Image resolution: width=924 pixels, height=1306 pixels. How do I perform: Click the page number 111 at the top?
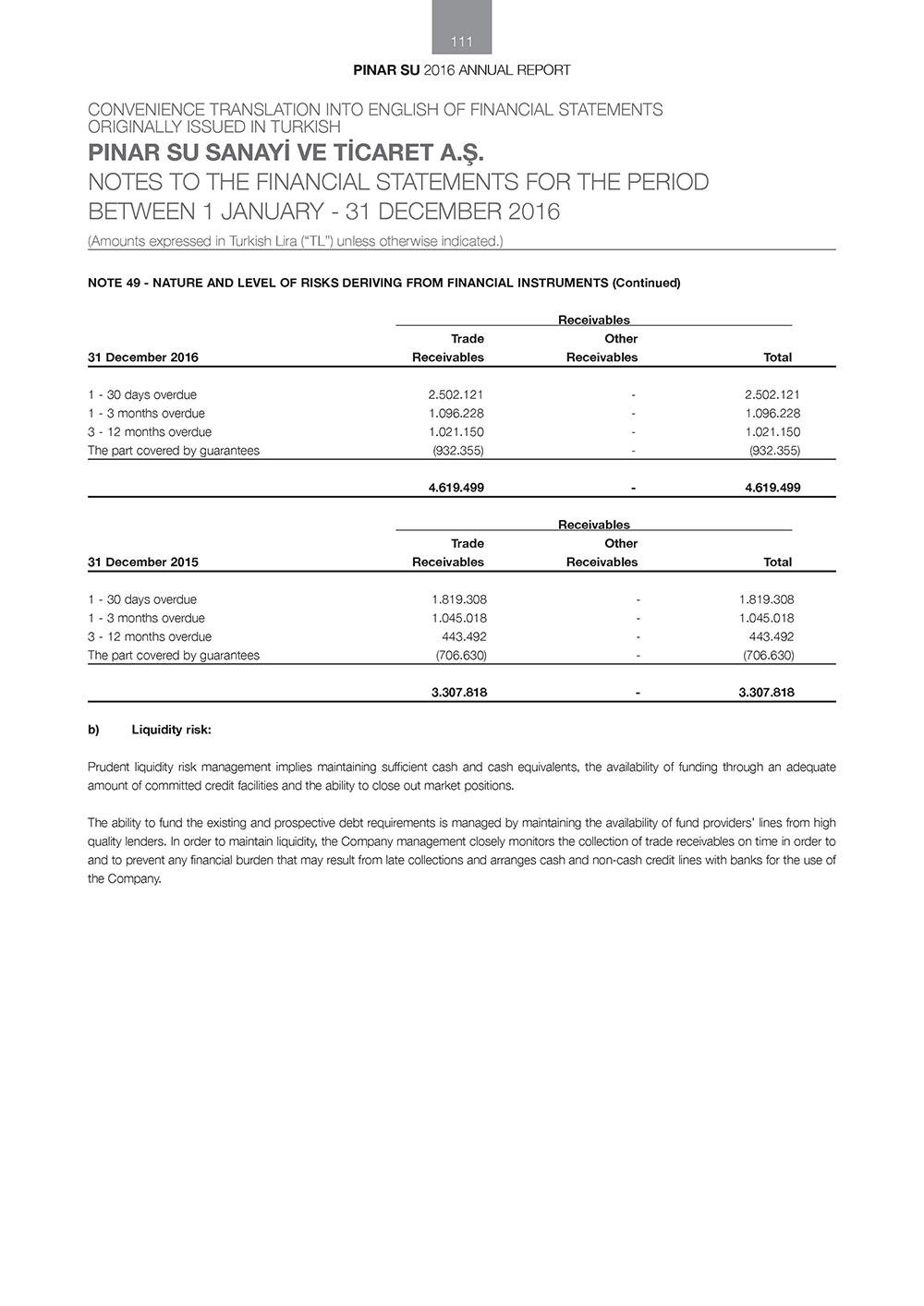click(462, 42)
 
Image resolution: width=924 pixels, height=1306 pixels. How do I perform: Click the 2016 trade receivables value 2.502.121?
click(456, 394)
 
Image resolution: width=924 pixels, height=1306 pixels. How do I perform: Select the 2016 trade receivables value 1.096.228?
click(456, 413)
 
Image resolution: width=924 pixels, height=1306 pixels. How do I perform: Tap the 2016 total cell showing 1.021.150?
click(772, 431)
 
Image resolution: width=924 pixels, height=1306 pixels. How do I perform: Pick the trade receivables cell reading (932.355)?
click(458, 451)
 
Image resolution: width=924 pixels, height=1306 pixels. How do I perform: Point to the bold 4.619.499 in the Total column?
click(772, 488)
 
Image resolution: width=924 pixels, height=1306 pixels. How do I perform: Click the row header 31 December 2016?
click(142, 357)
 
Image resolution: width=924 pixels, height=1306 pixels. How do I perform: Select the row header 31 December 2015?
click(142, 562)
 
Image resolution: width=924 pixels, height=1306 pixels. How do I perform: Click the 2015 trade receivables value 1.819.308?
click(459, 599)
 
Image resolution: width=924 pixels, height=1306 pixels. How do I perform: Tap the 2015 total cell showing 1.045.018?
click(766, 618)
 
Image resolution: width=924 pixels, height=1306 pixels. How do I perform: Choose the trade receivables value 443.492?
click(464, 636)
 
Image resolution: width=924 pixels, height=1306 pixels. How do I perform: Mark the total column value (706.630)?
click(768, 655)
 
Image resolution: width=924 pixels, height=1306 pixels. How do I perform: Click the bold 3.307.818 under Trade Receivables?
click(459, 693)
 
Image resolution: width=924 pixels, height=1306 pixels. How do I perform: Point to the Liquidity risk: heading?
click(171, 730)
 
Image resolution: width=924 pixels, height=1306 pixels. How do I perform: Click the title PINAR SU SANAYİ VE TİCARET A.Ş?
click(286, 151)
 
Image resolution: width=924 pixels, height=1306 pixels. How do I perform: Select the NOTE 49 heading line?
click(383, 283)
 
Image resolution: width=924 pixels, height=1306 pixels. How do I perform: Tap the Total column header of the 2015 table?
click(777, 562)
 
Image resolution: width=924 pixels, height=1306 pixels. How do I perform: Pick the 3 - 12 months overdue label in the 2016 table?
click(150, 431)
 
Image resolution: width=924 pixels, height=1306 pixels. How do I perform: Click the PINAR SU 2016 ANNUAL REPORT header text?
click(462, 70)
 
